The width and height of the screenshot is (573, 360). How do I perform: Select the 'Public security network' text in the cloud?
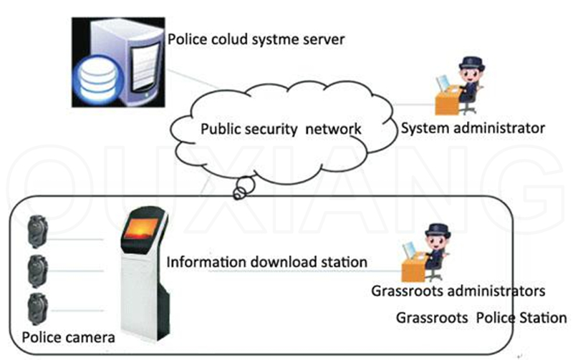pos(281,129)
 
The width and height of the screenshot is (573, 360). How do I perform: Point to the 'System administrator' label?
pos(473,128)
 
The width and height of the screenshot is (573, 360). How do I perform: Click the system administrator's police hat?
pos(472,63)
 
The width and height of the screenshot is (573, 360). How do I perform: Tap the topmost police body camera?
pos(38,232)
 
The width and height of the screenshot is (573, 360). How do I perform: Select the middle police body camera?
pos(38,271)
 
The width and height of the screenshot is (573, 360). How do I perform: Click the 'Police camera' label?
pos(68,337)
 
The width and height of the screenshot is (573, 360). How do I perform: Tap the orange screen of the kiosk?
pos(140,229)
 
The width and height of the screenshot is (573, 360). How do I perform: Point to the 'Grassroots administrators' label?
pos(458,291)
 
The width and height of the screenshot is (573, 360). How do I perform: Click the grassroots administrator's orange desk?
pos(414,268)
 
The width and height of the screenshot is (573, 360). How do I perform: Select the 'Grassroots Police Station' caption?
pos(481,318)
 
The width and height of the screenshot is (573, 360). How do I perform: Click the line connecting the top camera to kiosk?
pos(75,240)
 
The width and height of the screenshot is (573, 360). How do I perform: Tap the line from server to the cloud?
pos(194,79)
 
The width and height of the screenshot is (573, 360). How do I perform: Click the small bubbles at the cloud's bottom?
pos(244,188)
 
